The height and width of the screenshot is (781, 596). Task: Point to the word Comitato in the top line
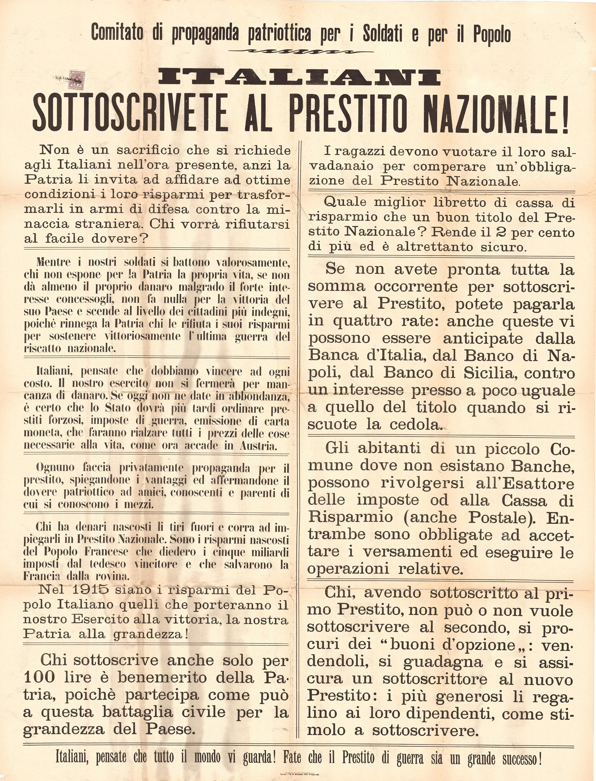point(117,34)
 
